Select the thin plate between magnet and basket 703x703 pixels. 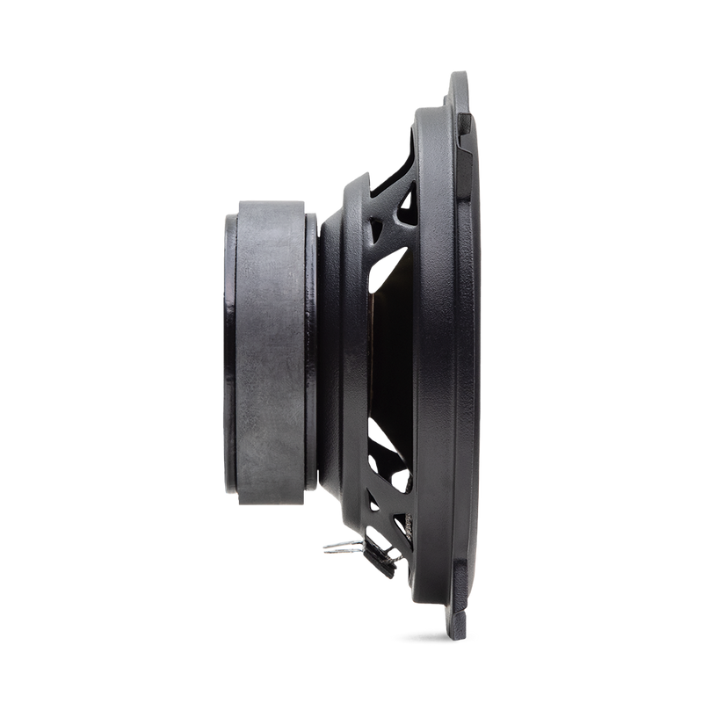tap(312, 351)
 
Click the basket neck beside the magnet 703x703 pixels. tap(338, 351)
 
